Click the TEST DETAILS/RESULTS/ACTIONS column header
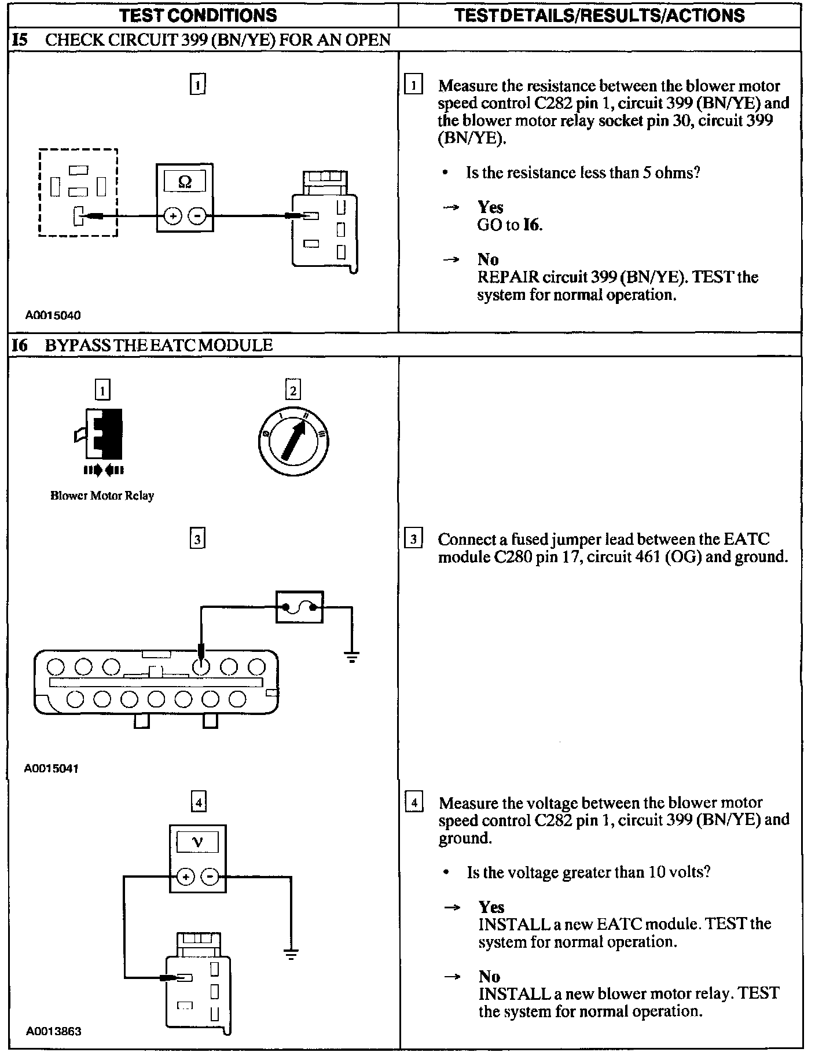(x=599, y=14)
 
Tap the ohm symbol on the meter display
(x=185, y=182)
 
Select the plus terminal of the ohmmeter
(x=172, y=217)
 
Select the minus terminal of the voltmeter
(x=210, y=877)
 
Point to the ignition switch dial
(x=293, y=442)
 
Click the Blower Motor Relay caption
(x=102, y=496)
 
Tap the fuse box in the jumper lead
(x=299, y=607)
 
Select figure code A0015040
(x=53, y=316)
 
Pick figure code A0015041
(x=52, y=769)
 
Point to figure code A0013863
(x=53, y=1031)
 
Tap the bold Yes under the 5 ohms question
(x=490, y=207)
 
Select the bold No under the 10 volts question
(x=489, y=977)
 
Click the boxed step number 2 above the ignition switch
(x=293, y=391)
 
